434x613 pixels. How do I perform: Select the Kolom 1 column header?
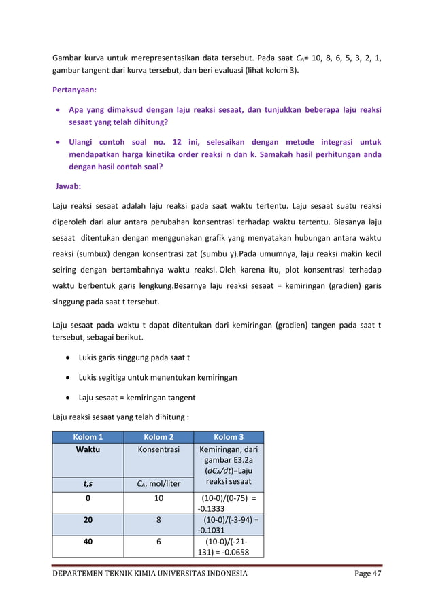pos(88,437)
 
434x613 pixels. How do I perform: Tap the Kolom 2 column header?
pos(158,437)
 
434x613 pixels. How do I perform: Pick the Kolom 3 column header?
pos(228,437)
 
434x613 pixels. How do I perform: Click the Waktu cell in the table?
pos(88,450)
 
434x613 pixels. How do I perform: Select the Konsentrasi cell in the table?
pos(158,450)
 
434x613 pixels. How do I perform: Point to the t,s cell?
pos(88,483)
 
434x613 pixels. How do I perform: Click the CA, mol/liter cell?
pos(158,483)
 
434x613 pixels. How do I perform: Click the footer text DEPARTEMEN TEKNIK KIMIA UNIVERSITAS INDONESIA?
pos(150,574)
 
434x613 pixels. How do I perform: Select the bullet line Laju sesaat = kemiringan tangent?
pos(137,397)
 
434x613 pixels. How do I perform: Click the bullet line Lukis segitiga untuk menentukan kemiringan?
pos(158,377)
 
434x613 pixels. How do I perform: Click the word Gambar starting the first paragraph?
pos(68,58)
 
